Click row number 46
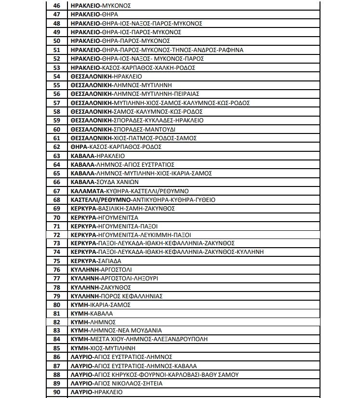coord(57,6)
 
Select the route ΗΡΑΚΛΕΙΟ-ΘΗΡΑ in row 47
coord(87,14)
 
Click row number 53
coord(57,67)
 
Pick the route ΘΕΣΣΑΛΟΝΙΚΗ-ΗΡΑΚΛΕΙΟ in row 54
coord(99,76)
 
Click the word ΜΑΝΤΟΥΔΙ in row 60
coord(161,129)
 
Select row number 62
coord(57,146)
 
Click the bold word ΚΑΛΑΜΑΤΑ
coord(86,191)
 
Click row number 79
coord(57,296)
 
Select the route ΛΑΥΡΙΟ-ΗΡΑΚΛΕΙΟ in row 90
coord(96,392)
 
